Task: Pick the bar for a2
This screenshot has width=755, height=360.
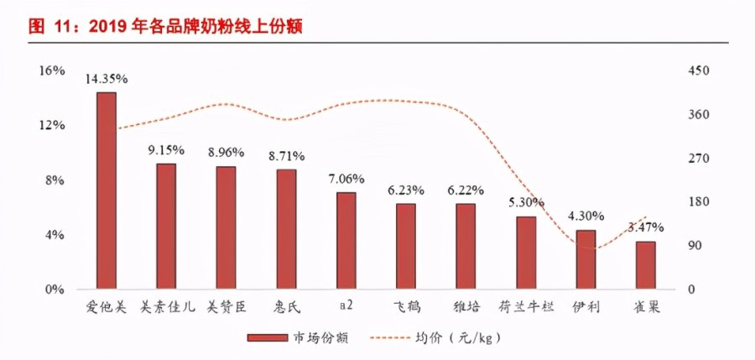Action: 346,241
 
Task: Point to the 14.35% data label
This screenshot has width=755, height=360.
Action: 107,79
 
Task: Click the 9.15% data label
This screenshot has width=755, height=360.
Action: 166,150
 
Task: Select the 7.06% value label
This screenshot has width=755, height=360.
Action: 346,179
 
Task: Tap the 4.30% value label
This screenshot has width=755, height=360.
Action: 586,216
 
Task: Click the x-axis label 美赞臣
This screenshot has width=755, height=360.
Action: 226,306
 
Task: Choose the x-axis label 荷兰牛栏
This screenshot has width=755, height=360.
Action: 526,306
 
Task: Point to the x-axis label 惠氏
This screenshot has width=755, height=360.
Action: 286,306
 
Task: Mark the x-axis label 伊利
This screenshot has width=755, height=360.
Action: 586,306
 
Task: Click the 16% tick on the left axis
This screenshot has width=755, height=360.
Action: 52,70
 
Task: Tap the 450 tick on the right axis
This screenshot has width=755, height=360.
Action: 699,70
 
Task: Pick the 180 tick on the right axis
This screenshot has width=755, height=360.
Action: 699,202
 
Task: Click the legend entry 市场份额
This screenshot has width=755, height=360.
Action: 298,337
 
